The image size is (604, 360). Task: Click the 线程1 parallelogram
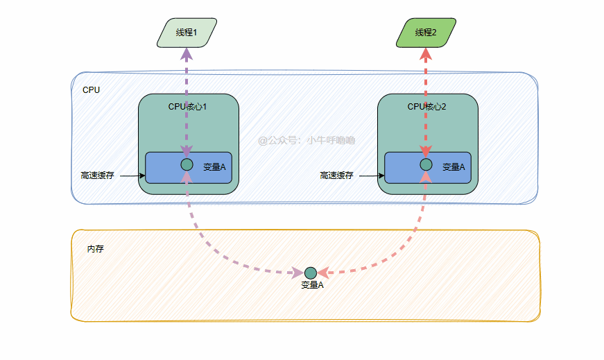pyautogui.click(x=187, y=33)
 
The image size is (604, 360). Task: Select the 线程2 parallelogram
pyautogui.click(x=426, y=33)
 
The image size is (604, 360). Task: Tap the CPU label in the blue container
pyautogui.click(x=91, y=90)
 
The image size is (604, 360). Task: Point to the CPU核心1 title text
pyautogui.click(x=188, y=107)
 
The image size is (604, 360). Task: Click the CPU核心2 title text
pyautogui.click(x=427, y=107)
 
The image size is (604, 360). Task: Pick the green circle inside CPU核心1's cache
pyautogui.click(x=187, y=164)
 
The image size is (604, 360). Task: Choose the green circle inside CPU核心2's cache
pyautogui.click(x=426, y=164)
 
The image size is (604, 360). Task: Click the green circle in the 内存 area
pyautogui.click(x=310, y=273)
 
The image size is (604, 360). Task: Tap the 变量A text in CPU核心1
pyautogui.click(x=214, y=167)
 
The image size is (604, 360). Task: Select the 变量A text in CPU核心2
pyautogui.click(x=454, y=167)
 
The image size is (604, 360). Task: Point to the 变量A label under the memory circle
pyautogui.click(x=312, y=285)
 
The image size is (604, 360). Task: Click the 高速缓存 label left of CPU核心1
pyautogui.click(x=97, y=175)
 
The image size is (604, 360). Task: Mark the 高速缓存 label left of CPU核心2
pyautogui.click(x=336, y=175)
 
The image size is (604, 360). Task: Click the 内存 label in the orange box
pyautogui.click(x=95, y=248)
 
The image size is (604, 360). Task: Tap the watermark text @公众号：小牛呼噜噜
pyautogui.click(x=307, y=140)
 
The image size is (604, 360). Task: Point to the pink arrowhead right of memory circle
pyautogui.click(x=322, y=273)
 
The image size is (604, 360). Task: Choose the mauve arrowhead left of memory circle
pyautogui.click(x=297, y=273)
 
